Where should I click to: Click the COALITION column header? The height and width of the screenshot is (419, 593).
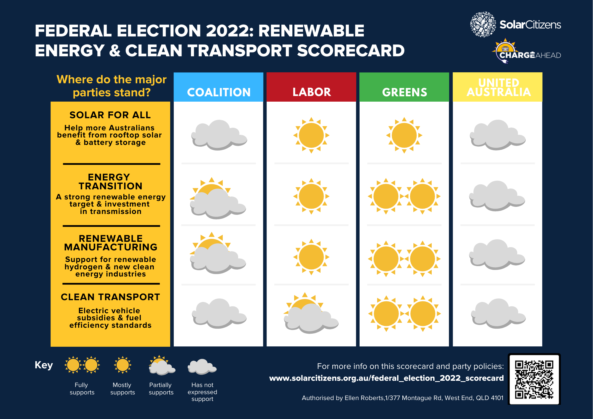tap(219, 92)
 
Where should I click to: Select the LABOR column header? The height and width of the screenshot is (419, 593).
tap(311, 92)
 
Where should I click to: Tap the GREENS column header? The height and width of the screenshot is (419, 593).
tap(404, 92)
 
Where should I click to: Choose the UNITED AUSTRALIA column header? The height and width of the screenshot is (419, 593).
tap(498, 87)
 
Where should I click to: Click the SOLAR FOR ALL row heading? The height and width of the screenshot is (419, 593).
tap(110, 115)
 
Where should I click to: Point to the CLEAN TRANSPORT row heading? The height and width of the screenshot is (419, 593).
tap(110, 297)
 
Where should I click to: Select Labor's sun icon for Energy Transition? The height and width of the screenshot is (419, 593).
tap(311, 196)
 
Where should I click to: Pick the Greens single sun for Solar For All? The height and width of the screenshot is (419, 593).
tap(404, 135)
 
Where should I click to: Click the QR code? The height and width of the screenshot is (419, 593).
tap(534, 379)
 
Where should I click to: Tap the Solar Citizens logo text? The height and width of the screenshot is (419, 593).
tap(530, 25)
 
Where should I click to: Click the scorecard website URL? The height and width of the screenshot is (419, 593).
tap(386, 378)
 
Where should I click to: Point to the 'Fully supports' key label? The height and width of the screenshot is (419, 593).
tap(82, 388)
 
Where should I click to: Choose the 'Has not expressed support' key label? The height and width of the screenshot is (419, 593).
tap(202, 392)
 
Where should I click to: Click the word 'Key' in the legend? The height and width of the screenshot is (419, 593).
tap(44, 365)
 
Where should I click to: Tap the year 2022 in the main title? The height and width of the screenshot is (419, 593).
tap(229, 31)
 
